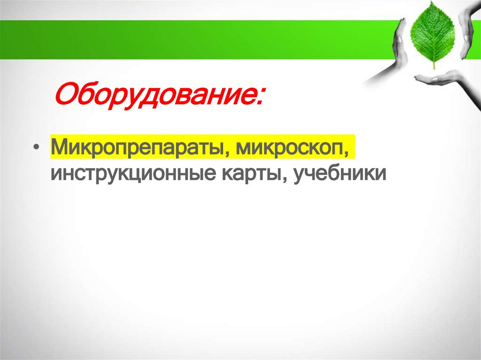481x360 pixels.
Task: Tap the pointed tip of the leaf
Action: (x=432, y=4)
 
